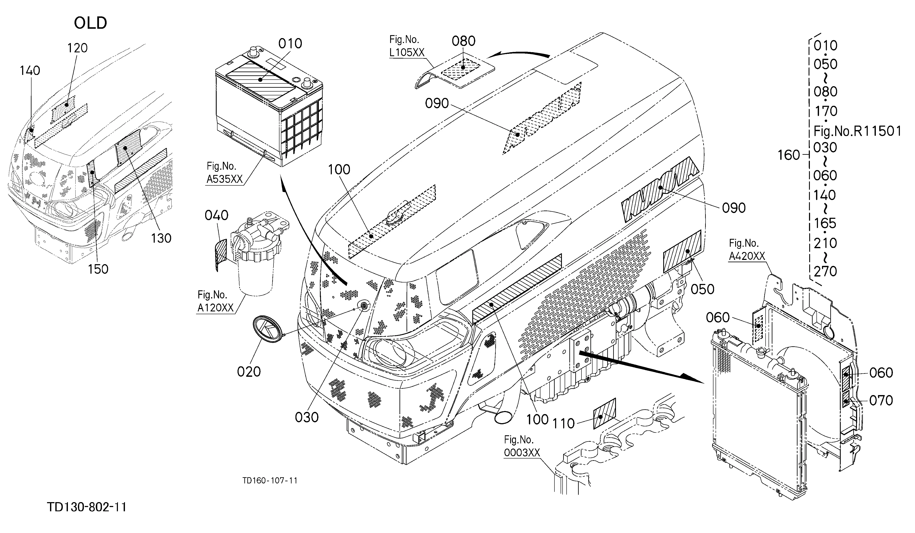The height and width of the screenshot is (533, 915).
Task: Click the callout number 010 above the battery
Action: pyautogui.click(x=290, y=44)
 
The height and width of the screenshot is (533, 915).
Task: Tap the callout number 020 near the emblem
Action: pyautogui.click(x=249, y=372)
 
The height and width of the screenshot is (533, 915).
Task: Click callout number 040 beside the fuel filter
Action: pyautogui.click(x=216, y=215)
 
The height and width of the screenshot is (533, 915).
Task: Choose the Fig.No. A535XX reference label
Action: pyautogui.click(x=224, y=173)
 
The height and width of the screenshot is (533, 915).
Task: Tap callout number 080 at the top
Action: pyautogui.click(x=464, y=41)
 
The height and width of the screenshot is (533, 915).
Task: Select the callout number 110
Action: pyautogui.click(x=564, y=423)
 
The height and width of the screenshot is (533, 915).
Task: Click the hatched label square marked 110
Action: pyautogui.click(x=604, y=414)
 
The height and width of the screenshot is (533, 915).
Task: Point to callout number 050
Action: pyautogui.click(x=702, y=289)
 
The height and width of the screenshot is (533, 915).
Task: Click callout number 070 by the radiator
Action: pyautogui.click(x=881, y=400)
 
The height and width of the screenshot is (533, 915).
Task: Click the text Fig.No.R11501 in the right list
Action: pyautogui.click(x=858, y=131)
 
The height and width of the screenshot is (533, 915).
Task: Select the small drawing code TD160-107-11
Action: pyautogui.click(x=270, y=481)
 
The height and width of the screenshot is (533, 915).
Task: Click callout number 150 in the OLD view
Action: pyautogui.click(x=98, y=269)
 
